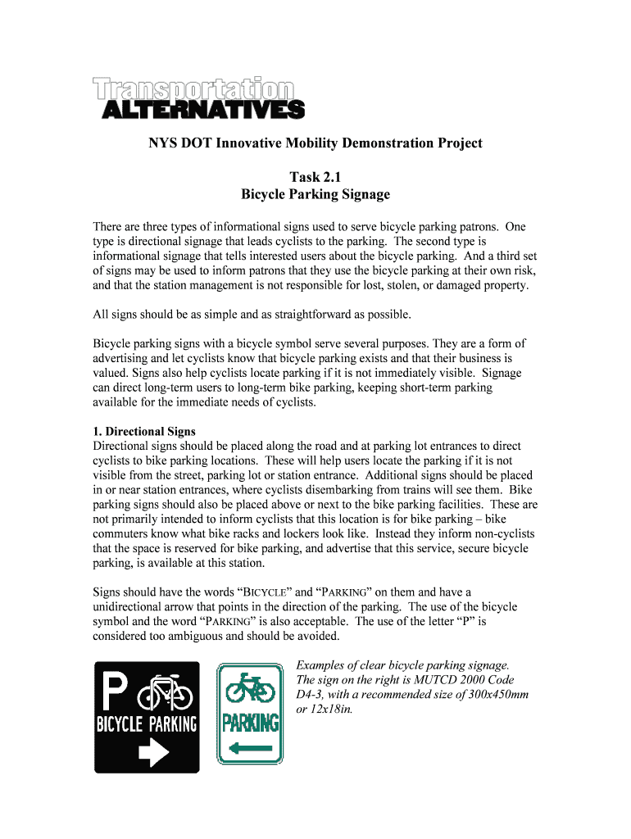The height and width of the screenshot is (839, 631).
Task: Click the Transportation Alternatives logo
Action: (x=198, y=98)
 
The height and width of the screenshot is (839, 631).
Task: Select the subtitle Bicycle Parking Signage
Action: (x=315, y=194)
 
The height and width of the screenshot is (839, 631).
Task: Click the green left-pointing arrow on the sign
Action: (x=251, y=747)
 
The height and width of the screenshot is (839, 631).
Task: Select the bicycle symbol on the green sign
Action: (x=251, y=687)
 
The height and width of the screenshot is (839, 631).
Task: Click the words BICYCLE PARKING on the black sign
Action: (x=148, y=724)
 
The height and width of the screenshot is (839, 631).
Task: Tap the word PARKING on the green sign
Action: (x=251, y=723)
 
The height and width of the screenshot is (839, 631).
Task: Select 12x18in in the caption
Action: (x=329, y=710)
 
